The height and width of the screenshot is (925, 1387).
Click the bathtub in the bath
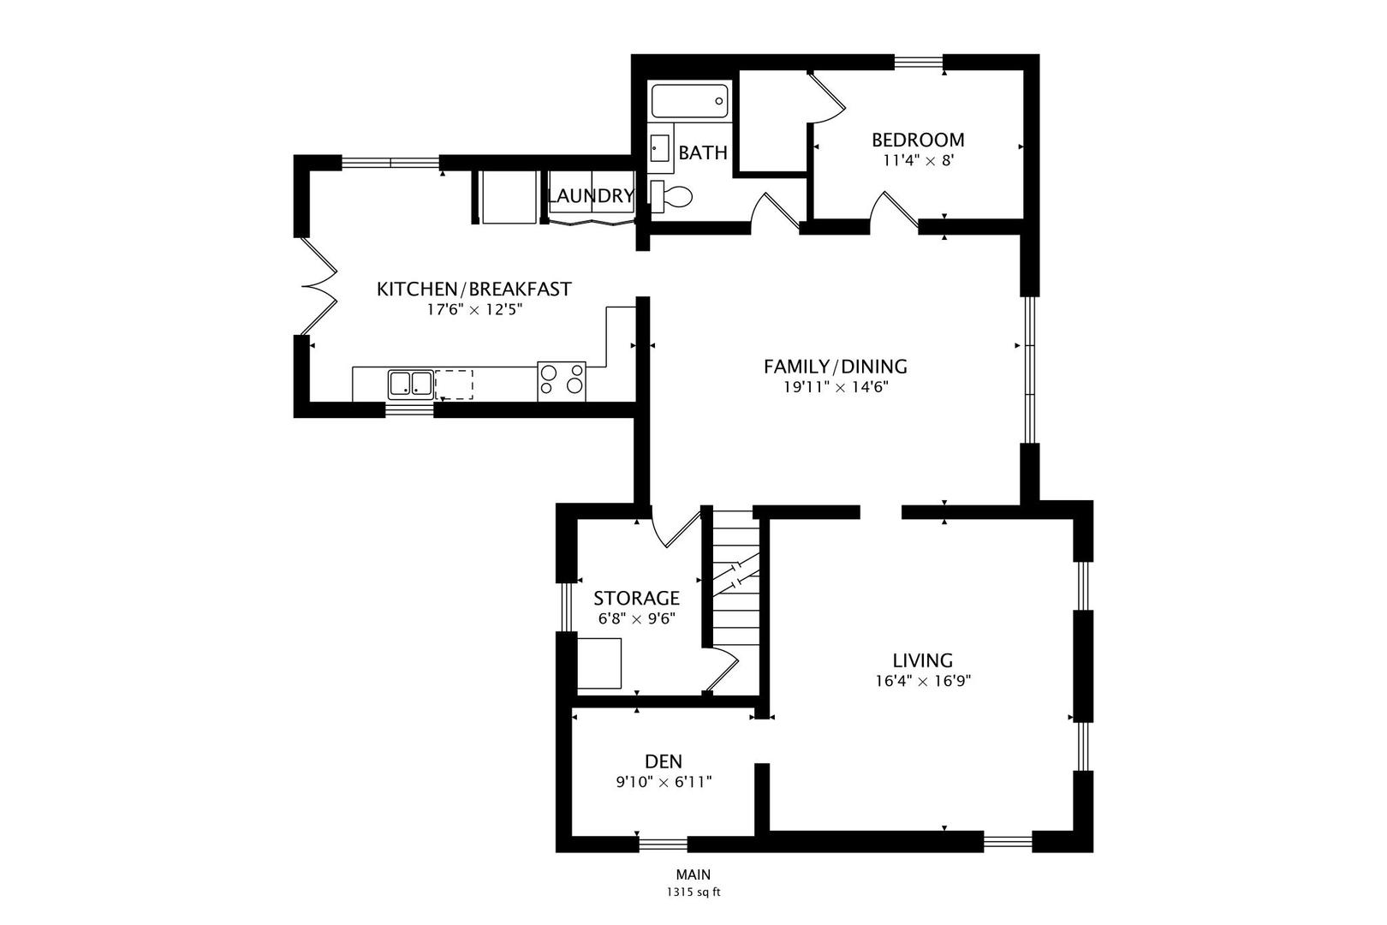(689, 101)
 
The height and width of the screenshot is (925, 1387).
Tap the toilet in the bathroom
(672, 197)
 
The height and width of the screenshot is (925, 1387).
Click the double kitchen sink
(410, 384)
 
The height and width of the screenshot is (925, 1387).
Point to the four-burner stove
(562, 381)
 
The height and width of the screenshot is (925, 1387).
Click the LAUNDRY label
(590, 196)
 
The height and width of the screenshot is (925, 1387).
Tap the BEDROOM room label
(918, 140)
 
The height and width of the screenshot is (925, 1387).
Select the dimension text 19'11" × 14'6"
(836, 387)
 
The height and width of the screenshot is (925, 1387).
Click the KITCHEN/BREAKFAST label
(473, 289)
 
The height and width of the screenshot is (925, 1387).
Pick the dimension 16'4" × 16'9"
(922, 682)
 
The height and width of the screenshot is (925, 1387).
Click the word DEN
(664, 761)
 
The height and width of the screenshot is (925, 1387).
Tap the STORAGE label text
(636, 598)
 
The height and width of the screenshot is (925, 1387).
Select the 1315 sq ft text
(693, 892)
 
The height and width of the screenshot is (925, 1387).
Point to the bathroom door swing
(773, 212)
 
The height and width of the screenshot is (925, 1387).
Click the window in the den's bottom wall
(663, 844)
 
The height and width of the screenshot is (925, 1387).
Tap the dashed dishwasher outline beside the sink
(454, 385)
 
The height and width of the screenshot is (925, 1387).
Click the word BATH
(703, 153)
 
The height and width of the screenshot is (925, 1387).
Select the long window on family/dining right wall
(1030, 370)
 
